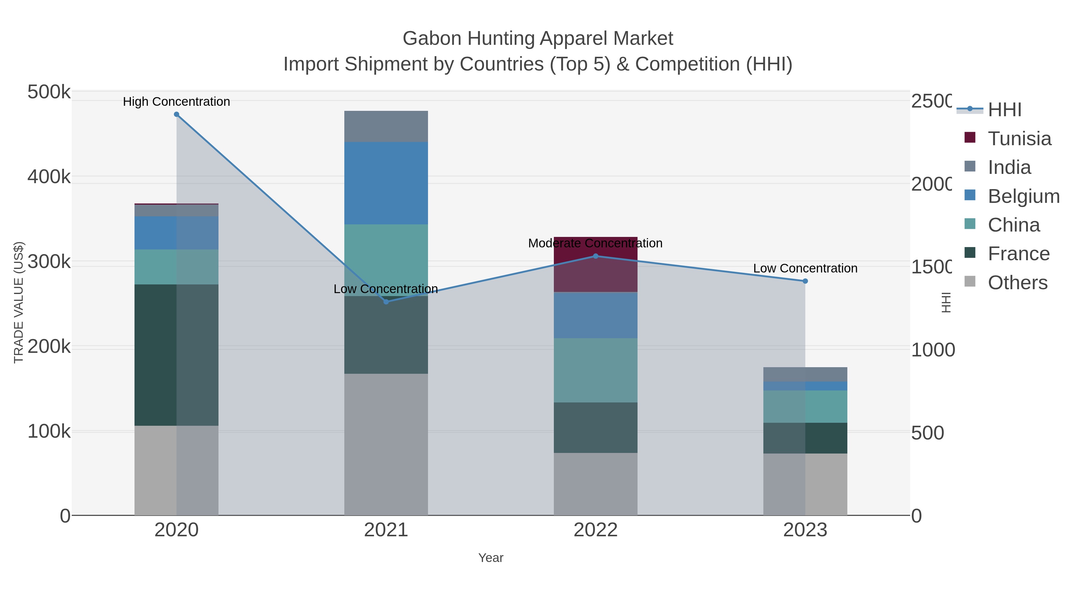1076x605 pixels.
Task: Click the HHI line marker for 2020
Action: click(176, 114)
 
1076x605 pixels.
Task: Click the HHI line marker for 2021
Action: click(386, 301)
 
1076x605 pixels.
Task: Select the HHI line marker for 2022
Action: click(596, 256)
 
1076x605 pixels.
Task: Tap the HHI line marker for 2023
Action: click(805, 281)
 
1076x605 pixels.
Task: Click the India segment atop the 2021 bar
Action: click(386, 126)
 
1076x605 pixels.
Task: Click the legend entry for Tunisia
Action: click(1019, 139)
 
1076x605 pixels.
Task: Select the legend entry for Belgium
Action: click(1023, 196)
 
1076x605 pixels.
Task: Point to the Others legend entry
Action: click(1017, 283)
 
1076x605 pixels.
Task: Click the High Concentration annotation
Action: click(176, 102)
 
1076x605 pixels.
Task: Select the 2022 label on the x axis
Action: click(596, 530)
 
